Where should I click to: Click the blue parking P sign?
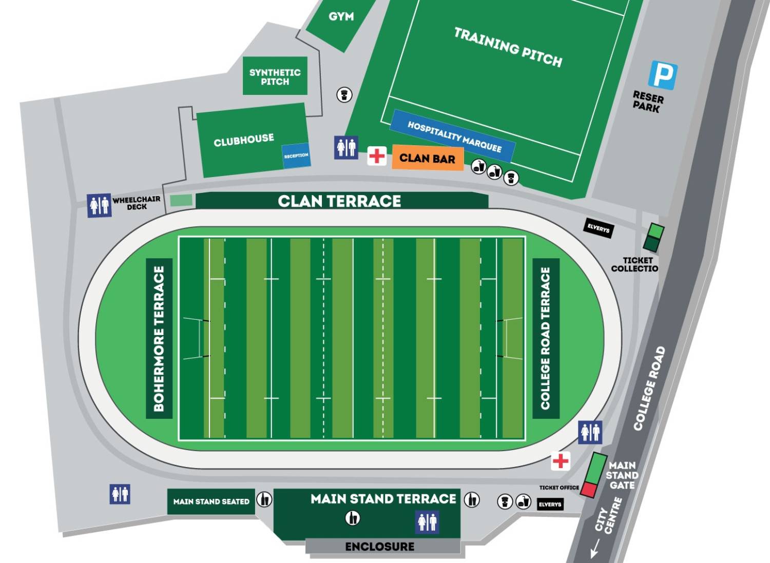[663, 75]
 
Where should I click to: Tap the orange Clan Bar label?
[427, 159]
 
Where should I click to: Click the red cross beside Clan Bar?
[377, 156]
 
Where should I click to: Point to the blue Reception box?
[296, 155]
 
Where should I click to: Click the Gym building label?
[341, 16]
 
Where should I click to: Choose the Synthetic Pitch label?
[275, 77]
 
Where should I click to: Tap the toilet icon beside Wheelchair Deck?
[99, 205]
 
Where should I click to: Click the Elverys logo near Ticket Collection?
[599, 228]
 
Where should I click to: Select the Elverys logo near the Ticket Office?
[550, 504]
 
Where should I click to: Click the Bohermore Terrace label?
[159, 339]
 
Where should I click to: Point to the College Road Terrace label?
[545, 339]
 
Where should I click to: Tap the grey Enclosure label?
[380, 547]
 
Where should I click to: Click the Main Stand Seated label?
[211, 501]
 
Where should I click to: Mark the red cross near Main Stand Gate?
[561, 461]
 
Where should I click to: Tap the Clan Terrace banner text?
[339, 201]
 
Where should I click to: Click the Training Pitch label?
[508, 47]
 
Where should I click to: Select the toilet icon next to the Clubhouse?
[346, 148]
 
